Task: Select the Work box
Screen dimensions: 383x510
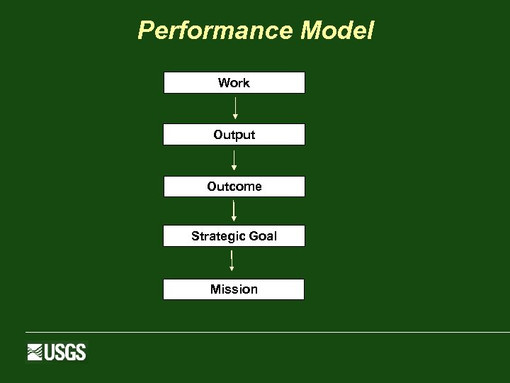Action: pyautogui.click(x=234, y=83)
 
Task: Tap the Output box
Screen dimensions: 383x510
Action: pyautogui.click(x=234, y=135)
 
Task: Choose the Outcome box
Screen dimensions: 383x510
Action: pyautogui.click(x=234, y=187)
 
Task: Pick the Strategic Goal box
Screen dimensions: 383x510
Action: pyautogui.click(x=234, y=236)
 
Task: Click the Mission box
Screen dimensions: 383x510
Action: pyautogui.click(x=234, y=289)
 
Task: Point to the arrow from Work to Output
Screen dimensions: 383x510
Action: pyautogui.click(x=234, y=108)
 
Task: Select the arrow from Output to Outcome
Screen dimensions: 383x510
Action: pyautogui.click(x=234, y=160)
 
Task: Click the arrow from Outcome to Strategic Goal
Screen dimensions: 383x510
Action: pyautogui.click(x=233, y=210)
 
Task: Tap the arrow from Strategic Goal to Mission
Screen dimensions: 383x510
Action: pyautogui.click(x=232, y=260)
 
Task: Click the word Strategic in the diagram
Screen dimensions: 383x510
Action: pyautogui.click(x=215, y=236)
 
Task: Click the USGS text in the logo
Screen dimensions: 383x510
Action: pyautogui.click(x=65, y=352)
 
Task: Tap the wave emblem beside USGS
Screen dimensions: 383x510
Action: pyautogui.click(x=35, y=352)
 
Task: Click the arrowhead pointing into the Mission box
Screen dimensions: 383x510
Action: pyautogui.click(x=232, y=269)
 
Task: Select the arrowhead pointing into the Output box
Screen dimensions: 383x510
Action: pyautogui.click(x=235, y=116)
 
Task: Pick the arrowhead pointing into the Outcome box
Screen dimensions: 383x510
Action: pyautogui.click(x=234, y=168)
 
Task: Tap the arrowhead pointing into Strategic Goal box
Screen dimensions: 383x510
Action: pyautogui.click(x=234, y=219)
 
